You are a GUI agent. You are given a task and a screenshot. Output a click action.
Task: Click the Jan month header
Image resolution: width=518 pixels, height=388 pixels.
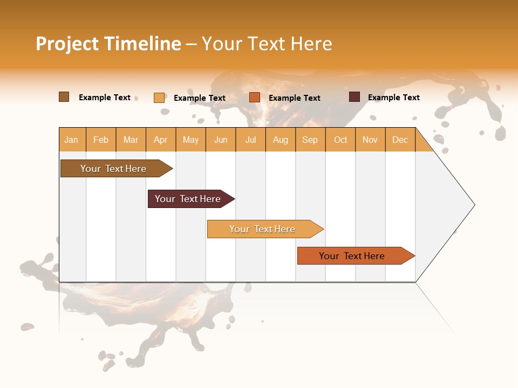click(71, 140)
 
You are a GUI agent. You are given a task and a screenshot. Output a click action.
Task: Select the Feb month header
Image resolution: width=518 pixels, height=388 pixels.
click(101, 140)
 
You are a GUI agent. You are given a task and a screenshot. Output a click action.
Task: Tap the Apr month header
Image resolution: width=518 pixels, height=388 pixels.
click(160, 140)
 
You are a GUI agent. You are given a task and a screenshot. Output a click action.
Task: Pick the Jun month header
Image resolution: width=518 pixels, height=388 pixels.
click(221, 140)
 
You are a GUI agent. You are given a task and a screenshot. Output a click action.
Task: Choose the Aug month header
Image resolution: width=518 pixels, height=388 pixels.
click(280, 140)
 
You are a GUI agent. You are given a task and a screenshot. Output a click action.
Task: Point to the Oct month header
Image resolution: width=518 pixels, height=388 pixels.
click(340, 140)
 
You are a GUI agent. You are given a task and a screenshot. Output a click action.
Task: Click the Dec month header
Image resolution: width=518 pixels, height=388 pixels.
click(400, 140)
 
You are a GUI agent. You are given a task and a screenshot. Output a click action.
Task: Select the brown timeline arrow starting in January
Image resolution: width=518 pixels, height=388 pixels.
click(113, 169)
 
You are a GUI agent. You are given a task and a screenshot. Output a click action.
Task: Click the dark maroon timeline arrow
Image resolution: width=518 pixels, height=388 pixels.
click(188, 199)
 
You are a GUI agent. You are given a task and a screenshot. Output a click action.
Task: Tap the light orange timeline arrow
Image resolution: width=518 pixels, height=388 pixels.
click(262, 229)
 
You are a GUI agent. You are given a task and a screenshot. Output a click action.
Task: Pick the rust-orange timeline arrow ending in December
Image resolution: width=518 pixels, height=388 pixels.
click(352, 256)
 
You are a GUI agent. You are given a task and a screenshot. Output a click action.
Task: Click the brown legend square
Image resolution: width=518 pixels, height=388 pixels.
click(64, 97)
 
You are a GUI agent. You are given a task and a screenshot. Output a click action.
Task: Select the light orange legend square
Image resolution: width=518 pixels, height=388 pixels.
click(159, 98)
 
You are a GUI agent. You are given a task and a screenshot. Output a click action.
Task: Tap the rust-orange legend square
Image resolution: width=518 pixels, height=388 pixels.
click(255, 98)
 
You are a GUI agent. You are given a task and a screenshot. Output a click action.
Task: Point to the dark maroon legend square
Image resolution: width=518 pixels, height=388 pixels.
click(355, 97)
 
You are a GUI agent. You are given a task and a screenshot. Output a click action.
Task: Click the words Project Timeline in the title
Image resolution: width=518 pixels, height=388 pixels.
click(108, 44)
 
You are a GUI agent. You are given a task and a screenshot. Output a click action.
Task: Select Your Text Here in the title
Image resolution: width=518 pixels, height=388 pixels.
click(267, 44)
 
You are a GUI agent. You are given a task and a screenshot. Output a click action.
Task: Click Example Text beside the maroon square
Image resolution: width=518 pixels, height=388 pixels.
click(393, 98)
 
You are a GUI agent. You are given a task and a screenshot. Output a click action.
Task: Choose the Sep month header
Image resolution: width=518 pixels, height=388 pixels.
click(310, 140)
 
